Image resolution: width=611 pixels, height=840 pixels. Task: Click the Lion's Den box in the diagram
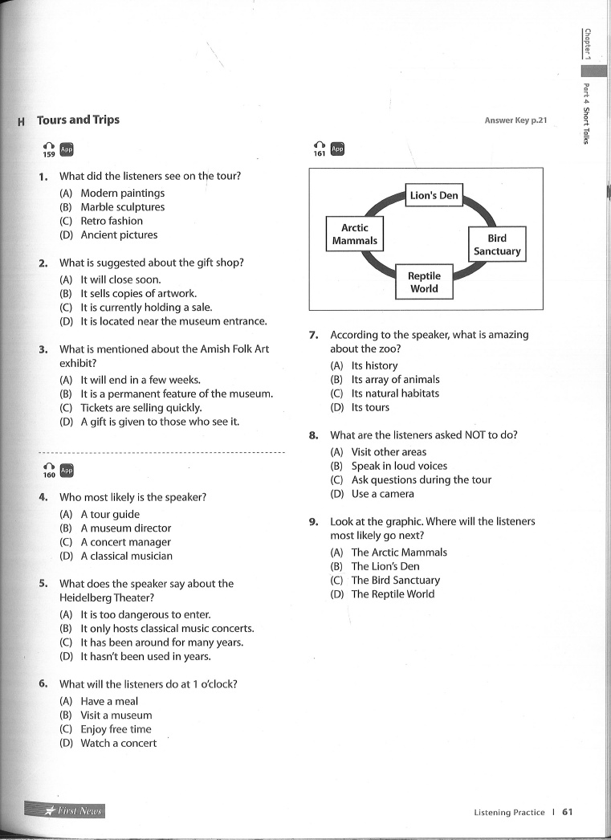point(434,195)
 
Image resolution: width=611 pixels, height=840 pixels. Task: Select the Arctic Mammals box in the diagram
point(354,234)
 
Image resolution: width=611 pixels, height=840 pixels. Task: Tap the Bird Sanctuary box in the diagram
point(497,245)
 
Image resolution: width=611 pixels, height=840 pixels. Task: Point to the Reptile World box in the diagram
point(424,283)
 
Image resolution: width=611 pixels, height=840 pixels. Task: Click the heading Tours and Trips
point(78,120)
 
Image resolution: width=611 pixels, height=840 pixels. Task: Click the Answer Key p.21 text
point(515,120)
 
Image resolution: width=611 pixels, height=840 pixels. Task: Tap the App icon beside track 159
point(67,149)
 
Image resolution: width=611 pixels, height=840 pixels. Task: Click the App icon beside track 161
point(337,149)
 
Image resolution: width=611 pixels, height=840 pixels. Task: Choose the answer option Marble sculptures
point(122,207)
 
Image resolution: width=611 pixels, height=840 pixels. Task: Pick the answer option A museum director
point(125,528)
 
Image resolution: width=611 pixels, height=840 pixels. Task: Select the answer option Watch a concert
point(118,744)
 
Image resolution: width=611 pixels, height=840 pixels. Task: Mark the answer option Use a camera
point(382,494)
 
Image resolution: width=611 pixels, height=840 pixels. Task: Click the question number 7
point(315,335)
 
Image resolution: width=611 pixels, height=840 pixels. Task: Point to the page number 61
point(568,812)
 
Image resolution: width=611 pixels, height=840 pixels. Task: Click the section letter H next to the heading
point(21,122)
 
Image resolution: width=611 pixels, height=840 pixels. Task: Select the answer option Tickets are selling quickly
point(141,408)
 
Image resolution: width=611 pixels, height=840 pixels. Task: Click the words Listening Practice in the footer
point(509,813)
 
